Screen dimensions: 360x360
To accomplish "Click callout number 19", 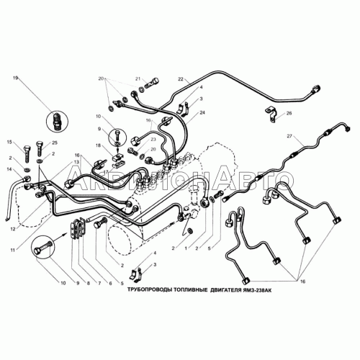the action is [x=16, y=78].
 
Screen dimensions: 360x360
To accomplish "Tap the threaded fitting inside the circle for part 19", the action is [x=58, y=121].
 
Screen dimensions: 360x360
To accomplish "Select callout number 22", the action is [x=181, y=78].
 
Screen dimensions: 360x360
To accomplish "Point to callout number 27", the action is [x=289, y=136].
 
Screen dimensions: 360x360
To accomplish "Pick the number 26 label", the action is [x=289, y=113].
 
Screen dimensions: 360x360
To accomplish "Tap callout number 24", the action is [x=202, y=112].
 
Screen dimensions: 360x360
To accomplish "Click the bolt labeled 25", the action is [x=40, y=149].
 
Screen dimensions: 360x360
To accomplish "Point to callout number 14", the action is [x=9, y=169].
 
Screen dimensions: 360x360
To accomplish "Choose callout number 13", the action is [x=76, y=162].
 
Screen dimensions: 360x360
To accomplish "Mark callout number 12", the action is [x=13, y=229].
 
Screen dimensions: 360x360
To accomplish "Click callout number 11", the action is [x=13, y=250].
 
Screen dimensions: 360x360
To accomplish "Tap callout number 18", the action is [x=98, y=145].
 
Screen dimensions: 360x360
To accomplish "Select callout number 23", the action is [x=153, y=139].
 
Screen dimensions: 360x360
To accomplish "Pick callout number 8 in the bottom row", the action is [x=89, y=283].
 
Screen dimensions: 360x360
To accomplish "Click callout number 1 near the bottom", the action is [x=185, y=248].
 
